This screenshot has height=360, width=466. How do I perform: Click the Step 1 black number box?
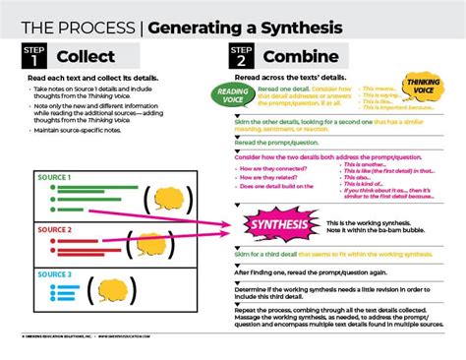point(31,55)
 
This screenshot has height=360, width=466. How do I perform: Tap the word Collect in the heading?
point(86,56)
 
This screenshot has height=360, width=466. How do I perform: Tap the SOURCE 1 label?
point(54,178)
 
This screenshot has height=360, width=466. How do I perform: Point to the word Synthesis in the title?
point(299,25)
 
